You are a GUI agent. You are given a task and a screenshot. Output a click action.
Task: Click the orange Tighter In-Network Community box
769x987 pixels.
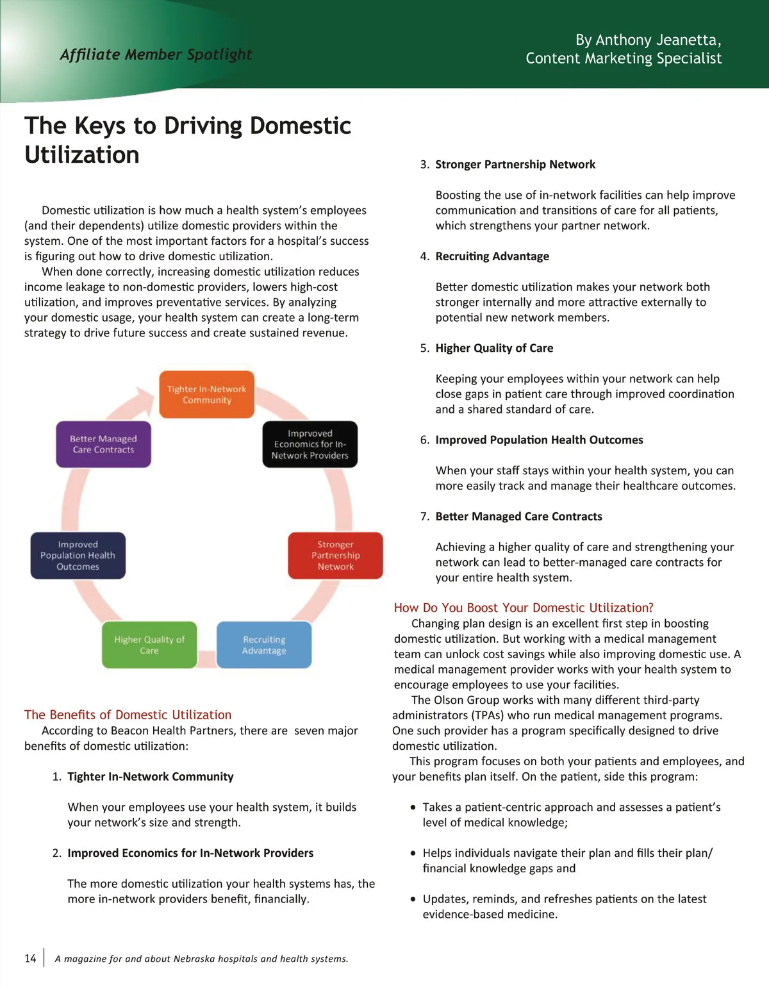[x=206, y=394]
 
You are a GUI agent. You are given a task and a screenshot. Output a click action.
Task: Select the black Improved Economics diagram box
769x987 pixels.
[x=310, y=444]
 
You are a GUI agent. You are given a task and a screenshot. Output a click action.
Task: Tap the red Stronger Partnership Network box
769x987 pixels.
[x=335, y=555]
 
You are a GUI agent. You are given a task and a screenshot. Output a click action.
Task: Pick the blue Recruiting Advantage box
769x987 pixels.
[x=264, y=645]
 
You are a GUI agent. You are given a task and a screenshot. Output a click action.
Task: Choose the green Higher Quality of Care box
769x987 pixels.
[x=149, y=645]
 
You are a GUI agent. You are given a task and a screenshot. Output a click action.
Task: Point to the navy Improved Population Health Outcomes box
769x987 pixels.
[x=78, y=555]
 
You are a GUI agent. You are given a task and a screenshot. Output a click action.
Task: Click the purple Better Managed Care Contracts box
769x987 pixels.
[x=103, y=444]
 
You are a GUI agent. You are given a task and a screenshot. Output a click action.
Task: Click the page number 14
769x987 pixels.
[x=30, y=958]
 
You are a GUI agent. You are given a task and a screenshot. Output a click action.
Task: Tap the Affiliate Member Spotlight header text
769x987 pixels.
[x=156, y=54]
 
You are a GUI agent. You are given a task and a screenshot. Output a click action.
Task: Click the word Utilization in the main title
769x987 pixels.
[x=82, y=155]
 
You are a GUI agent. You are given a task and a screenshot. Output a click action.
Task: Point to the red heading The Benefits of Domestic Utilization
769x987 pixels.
[x=128, y=715]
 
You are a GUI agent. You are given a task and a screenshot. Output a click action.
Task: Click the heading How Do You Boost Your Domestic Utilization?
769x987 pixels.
[x=524, y=608]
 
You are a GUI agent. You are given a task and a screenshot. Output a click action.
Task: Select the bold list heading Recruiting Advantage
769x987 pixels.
[x=492, y=256]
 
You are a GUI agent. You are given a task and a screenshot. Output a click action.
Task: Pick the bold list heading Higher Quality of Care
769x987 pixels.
[x=494, y=348]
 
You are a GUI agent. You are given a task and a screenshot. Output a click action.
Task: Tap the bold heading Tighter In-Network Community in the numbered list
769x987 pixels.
[x=151, y=777]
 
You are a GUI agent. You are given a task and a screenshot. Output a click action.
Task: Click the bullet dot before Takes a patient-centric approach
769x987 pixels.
[x=413, y=808]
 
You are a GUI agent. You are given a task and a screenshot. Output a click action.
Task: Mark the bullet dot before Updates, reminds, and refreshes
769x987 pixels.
[x=413, y=899]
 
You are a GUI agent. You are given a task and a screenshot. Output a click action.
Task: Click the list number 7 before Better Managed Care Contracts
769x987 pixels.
[x=424, y=517]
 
